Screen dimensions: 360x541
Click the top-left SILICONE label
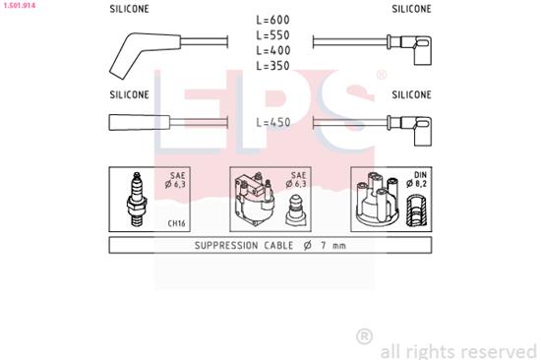(x=129, y=9)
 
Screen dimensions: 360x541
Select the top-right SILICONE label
(x=411, y=9)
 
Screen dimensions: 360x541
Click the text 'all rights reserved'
(x=458, y=350)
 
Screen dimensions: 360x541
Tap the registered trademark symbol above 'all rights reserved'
(x=365, y=337)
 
